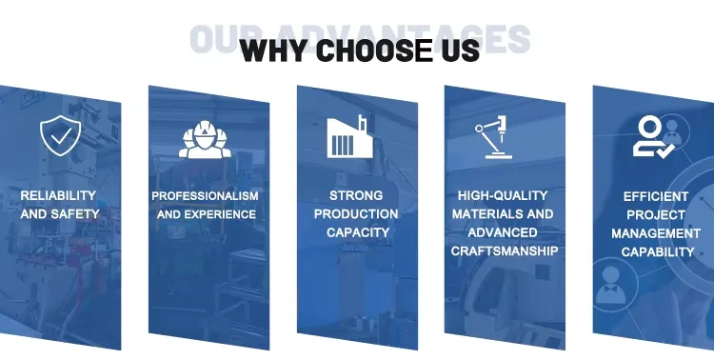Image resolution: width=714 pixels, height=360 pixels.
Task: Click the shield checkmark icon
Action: pos(60,135)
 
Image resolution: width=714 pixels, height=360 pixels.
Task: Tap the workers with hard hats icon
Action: pos(205,139)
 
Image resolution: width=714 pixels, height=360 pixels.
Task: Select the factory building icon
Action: pos(349,136)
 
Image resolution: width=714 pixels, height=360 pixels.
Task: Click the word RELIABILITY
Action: pos(58,195)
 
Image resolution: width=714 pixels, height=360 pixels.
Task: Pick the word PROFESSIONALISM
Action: pos(205,196)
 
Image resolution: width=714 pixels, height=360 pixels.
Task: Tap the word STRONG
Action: pos(356,195)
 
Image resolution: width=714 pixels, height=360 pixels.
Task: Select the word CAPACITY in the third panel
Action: pos(358,232)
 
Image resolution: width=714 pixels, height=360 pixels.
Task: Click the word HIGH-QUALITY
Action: pos(503,195)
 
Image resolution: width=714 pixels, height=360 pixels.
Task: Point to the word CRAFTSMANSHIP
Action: pos(505,251)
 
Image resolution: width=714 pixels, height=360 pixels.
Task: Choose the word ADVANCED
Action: pos(503,232)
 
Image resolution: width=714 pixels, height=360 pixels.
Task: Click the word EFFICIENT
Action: pos(656,197)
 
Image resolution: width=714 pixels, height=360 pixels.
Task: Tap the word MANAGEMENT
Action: pos(656,233)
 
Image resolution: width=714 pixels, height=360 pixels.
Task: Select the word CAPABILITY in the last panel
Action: pos(658,252)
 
